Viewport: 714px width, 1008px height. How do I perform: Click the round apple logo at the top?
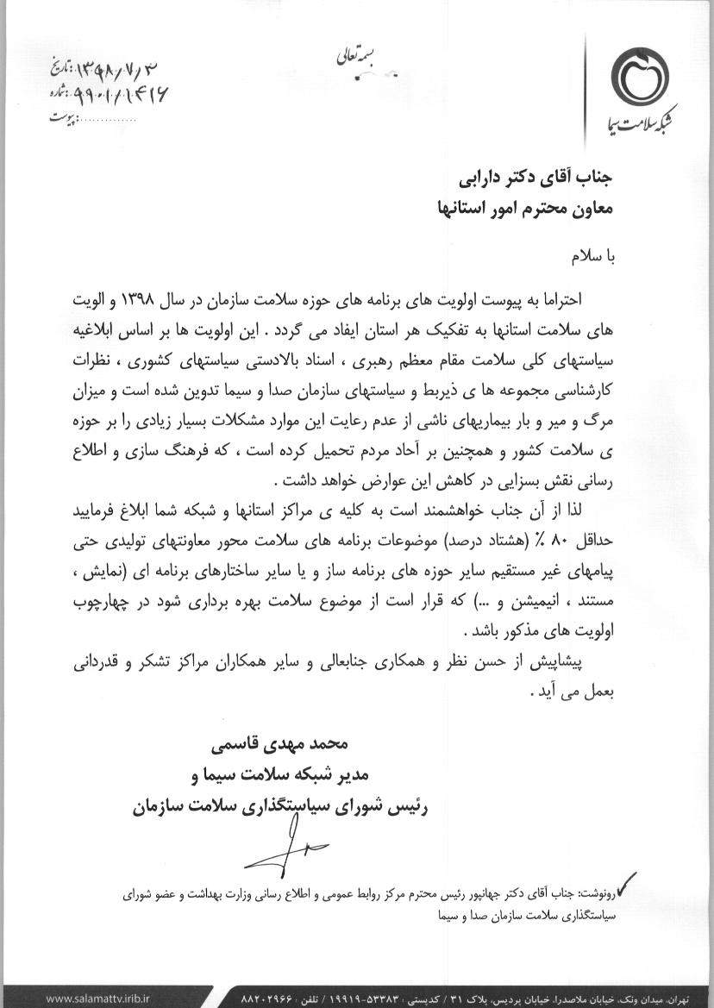(x=640, y=77)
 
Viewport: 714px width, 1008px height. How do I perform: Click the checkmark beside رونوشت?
(x=627, y=882)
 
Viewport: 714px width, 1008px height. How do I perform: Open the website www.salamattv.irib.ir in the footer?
(x=95, y=999)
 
